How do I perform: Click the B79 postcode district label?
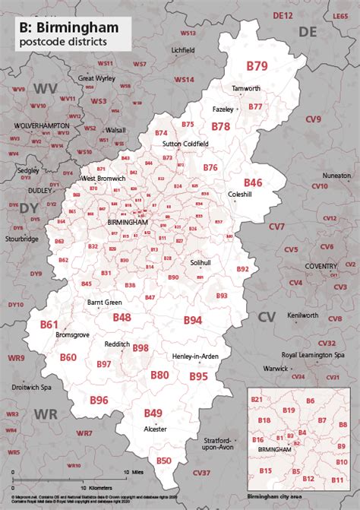pos(257,66)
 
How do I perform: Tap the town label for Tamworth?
pos(246,88)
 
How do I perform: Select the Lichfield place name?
pos(184,50)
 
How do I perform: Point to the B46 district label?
pos(253,182)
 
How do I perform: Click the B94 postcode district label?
pos(192,320)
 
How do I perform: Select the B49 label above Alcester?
pos(153,413)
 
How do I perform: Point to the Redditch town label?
pos(117,344)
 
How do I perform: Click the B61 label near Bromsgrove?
pos(49,324)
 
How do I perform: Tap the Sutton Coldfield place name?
pos(183,143)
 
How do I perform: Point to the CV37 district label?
pos(201,473)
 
